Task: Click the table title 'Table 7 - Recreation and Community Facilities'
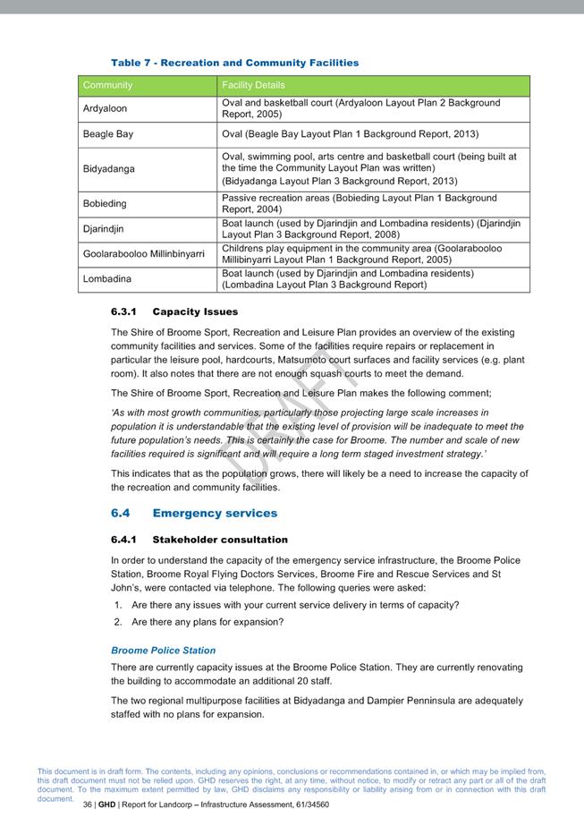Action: (234, 63)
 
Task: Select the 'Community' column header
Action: (107, 85)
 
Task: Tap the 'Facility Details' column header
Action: (253, 85)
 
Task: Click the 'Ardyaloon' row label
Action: (105, 108)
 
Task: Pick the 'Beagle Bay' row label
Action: (108, 134)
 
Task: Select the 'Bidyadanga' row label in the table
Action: (109, 168)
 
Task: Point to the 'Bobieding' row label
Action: (105, 203)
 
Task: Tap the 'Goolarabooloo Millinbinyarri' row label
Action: (143, 253)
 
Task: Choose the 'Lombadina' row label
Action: (106, 278)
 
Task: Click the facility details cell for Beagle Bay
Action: (350, 134)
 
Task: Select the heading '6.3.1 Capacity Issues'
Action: (174, 311)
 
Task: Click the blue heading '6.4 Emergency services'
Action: (194, 513)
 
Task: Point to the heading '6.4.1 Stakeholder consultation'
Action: (199, 540)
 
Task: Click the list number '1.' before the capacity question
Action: (118, 605)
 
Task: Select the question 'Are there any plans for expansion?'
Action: (207, 622)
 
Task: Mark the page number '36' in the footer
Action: (88, 805)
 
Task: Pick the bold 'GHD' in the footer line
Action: (107, 805)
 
